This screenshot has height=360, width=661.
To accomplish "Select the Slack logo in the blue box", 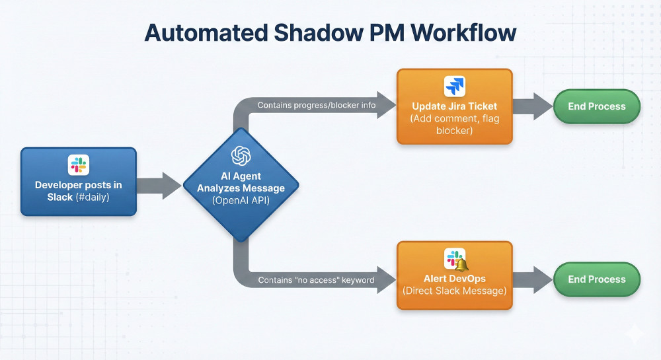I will (78, 164).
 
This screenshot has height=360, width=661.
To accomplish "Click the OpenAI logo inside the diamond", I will (241, 157).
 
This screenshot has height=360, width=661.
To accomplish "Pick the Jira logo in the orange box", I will (454, 86).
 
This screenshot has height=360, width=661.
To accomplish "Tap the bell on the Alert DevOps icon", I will (461, 264).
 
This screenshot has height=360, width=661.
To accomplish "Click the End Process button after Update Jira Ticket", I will (596, 106).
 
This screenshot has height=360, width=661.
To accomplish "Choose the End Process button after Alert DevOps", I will (596, 279).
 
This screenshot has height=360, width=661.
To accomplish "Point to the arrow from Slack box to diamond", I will (159, 186).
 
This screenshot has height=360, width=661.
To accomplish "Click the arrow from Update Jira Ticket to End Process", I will (533, 106).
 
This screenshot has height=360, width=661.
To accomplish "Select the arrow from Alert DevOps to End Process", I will (533, 279).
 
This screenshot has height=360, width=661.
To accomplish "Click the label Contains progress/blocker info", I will (317, 105).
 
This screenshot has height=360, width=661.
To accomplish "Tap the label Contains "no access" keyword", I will (316, 280).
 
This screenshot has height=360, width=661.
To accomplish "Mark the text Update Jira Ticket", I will (454, 106).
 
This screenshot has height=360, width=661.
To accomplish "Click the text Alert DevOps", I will (454, 278).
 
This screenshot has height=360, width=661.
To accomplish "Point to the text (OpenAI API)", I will (241, 200).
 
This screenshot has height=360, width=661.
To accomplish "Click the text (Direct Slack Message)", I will (454, 291).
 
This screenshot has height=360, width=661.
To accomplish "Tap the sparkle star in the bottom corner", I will (634, 335).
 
